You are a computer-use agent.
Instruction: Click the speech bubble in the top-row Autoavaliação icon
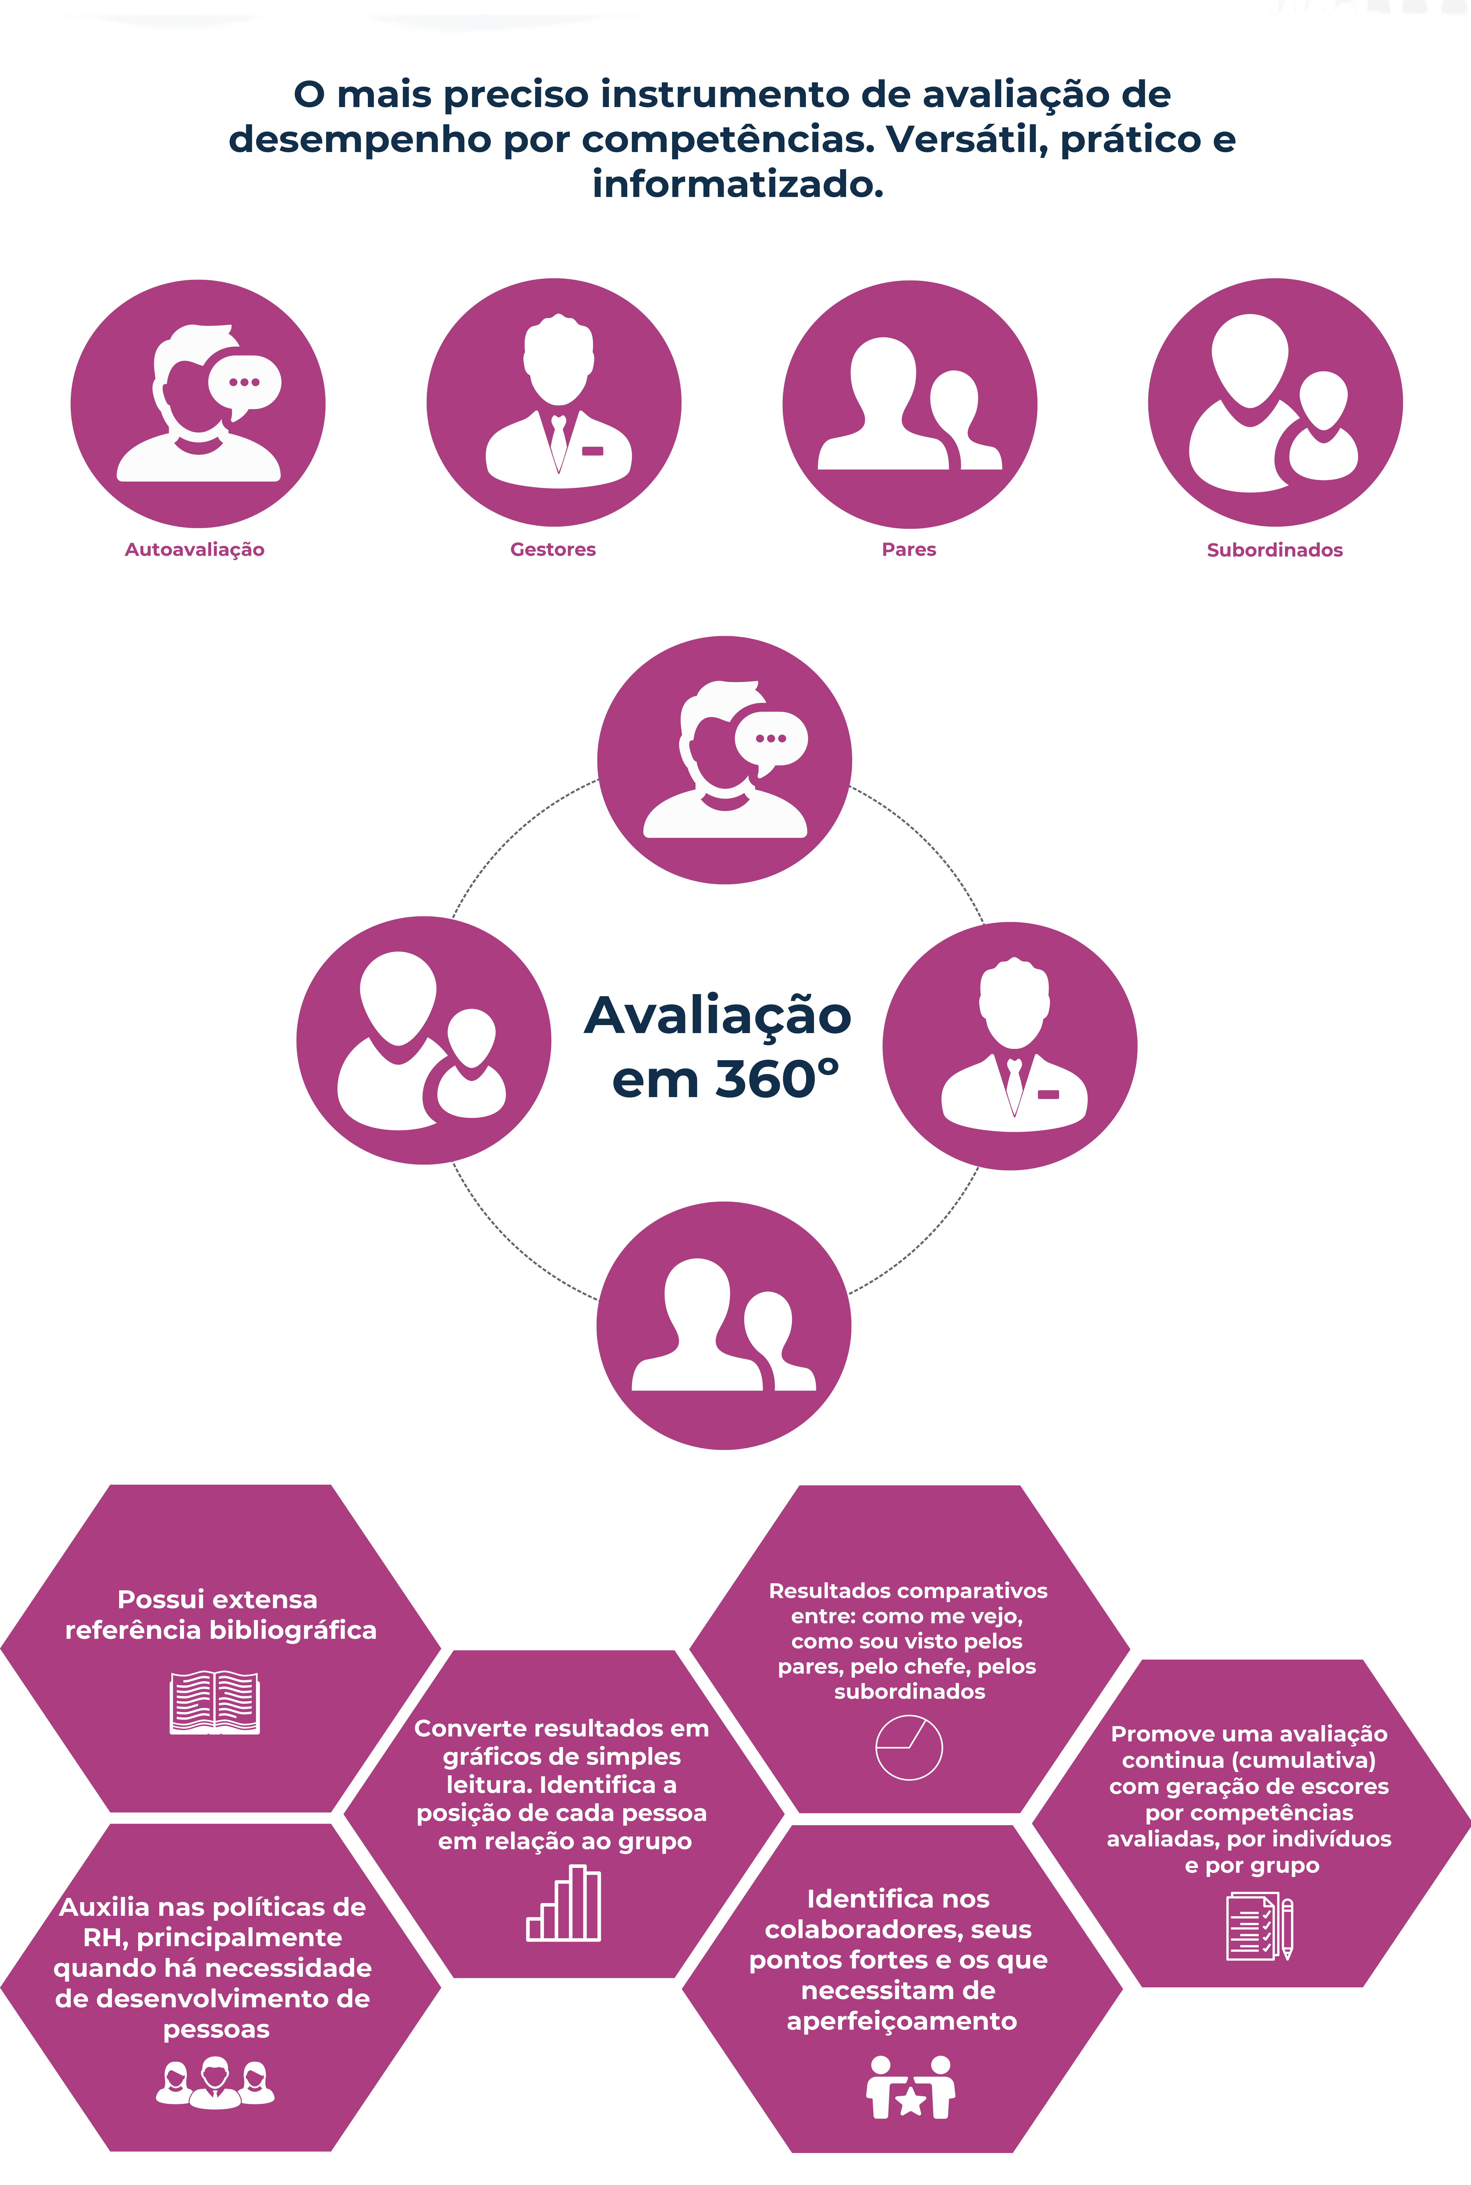[245, 383]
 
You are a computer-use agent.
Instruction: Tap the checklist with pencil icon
[1259, 1927]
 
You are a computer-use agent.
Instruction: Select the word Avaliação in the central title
[718, 1016]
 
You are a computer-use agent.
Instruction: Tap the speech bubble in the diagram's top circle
[771, 739]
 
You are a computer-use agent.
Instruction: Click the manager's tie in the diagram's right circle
[1014, 1083]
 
